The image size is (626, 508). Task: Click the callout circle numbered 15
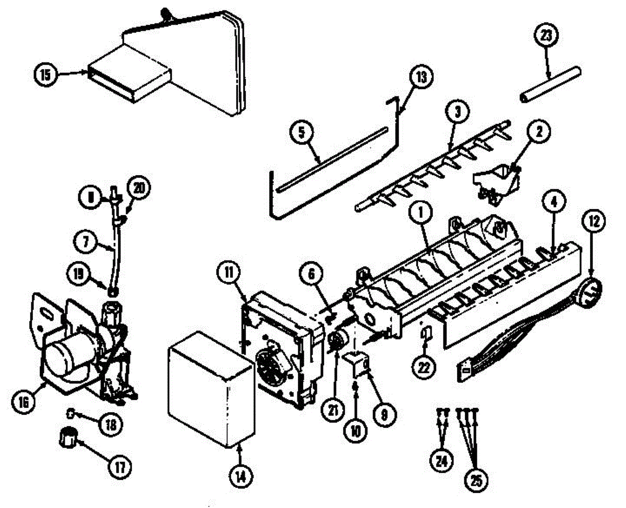[x=46, y=75]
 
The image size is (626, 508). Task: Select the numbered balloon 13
[x=421, y=78]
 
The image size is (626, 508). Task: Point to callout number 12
[x=595, y=220]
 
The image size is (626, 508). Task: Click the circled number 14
[x=240, y=475]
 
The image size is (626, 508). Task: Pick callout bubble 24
[x=441, y=460]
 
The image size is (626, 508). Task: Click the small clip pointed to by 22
[x=425, y=333]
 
